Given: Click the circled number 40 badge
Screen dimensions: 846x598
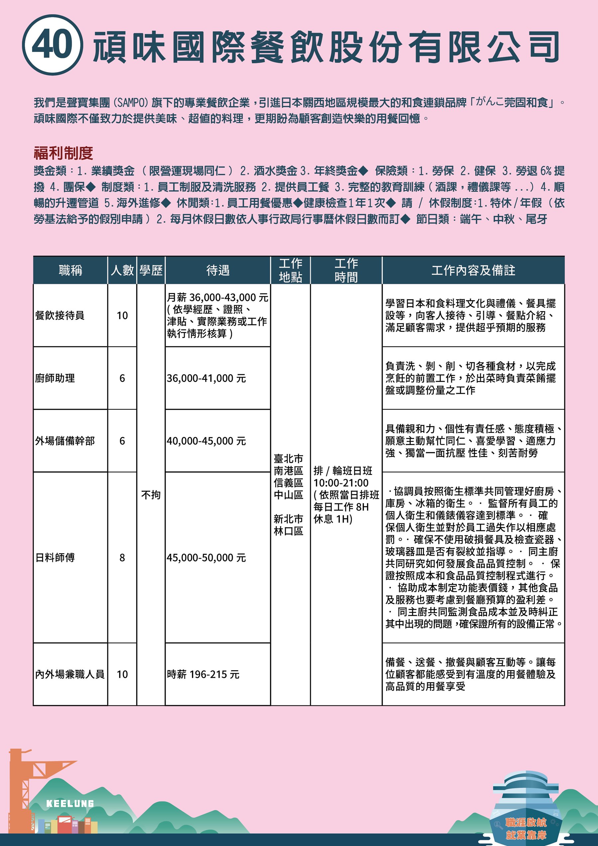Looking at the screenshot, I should (52, 45).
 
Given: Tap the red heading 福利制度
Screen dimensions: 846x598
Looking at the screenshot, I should (63, 153).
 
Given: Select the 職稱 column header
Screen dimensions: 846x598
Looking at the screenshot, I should (70, 270).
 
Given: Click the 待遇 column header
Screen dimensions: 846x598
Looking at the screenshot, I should (218, 270).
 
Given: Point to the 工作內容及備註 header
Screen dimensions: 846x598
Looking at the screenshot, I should (473, 270).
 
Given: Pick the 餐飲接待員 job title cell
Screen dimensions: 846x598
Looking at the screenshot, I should (60, 315).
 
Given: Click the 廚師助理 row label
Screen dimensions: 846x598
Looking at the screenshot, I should (55, 378).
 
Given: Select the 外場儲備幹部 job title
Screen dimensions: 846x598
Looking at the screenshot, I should (65, 441).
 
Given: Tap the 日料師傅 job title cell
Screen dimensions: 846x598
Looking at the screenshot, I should (55, 558).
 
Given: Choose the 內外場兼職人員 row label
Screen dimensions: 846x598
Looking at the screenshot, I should (70, 674).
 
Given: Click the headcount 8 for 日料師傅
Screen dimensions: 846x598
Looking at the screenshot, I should (122, 558).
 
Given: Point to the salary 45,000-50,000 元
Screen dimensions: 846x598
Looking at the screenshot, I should (206, 558).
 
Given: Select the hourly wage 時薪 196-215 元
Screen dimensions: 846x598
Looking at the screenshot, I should (203, 674).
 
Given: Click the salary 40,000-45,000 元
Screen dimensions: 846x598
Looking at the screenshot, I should (206, 441).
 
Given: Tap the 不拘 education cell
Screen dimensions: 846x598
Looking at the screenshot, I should (151, 494).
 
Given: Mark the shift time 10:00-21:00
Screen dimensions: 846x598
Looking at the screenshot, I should (341, 483).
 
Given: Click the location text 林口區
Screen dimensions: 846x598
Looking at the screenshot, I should (288, 531).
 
